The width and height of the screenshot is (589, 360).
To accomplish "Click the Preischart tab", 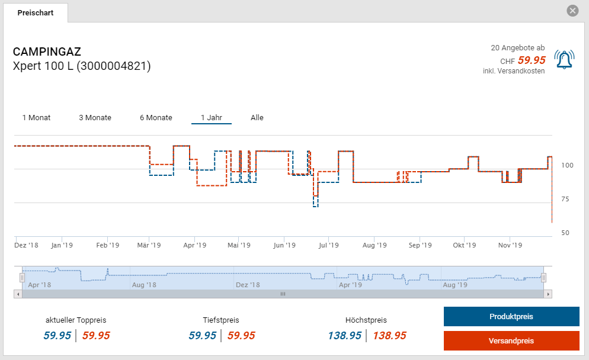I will (36, 12).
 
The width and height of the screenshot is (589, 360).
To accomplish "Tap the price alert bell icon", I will (564, 59).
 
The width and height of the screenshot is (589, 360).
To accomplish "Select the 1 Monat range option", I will (36, 117).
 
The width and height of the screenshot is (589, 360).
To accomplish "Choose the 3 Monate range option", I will (95, 117).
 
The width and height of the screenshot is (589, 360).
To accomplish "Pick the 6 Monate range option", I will (156, 117).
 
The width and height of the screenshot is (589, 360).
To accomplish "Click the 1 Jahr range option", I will (211, 117).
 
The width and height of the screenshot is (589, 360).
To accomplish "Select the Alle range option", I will (257, 117).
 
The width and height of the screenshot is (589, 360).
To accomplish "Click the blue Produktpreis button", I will (511, 316).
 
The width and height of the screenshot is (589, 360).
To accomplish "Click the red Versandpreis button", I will (511, 340).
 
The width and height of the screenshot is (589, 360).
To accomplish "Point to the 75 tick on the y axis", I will (565, 199).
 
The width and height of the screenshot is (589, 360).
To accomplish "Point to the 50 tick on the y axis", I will (565, 233).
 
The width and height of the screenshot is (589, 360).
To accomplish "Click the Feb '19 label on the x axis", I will (108, 245).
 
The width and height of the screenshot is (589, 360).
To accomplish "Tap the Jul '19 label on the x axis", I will (328, 245).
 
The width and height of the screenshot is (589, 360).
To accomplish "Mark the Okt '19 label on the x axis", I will (465, 245).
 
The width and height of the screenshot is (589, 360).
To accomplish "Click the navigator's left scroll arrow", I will (18, 294).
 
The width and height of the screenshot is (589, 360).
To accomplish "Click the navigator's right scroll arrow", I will (548, 294).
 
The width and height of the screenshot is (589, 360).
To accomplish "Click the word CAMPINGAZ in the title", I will (47, 52).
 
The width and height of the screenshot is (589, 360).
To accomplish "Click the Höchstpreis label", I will (366, 320).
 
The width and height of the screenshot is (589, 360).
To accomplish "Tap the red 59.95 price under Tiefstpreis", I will (241, 336).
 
